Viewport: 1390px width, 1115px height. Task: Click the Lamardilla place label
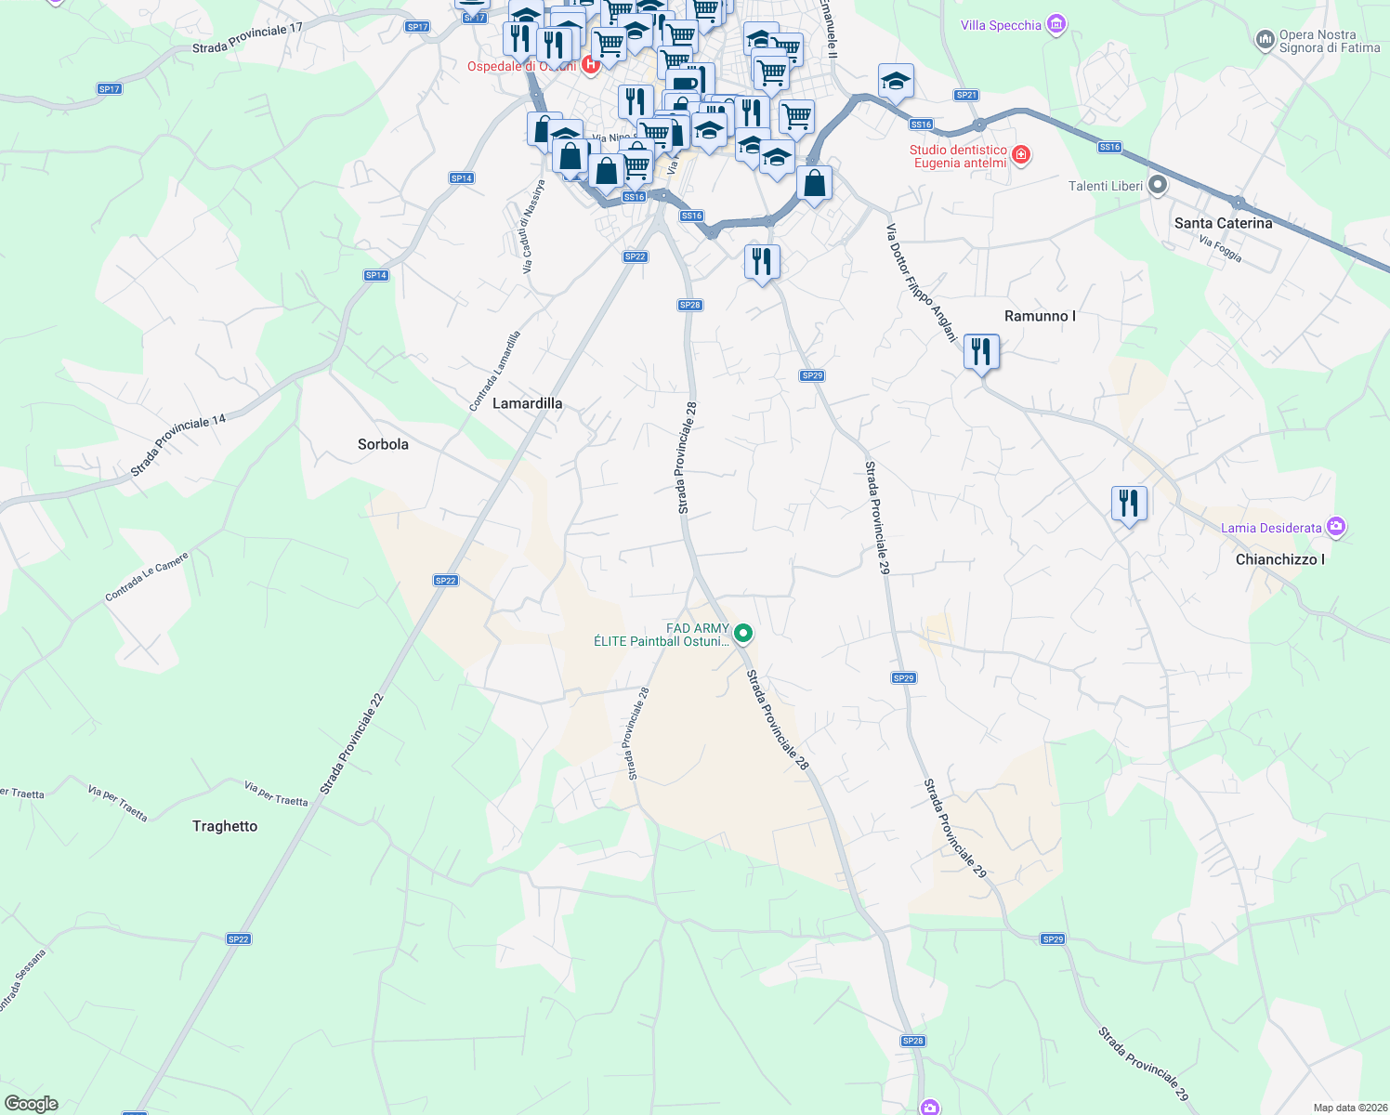click(x=527, y=403)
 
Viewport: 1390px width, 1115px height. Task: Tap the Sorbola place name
click(x=383, y=444)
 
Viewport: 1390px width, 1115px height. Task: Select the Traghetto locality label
click(x=225, y=826)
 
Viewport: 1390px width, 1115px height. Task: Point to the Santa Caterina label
click(x=1223, y=223)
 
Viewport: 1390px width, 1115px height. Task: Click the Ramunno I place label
click(x=1040, y=316)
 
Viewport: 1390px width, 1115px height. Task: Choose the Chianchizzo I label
click(x=1279, y=559)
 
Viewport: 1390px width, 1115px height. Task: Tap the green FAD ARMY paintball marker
click(x=743, y=634)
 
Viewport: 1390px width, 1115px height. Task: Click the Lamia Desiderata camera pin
click(x=1336, y=527)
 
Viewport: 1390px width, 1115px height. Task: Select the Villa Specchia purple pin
click(x=1056, y=24)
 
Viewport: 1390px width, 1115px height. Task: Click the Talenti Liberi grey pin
click(x=1157, y=185)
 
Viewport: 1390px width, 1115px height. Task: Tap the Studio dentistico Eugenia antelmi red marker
click(x=1021, y=154)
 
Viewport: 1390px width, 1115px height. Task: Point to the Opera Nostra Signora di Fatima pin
click(x=1265, y=40)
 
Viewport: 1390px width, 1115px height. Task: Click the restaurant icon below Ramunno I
click(x=981, y=352)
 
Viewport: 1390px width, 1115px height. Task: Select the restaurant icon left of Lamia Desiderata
click(x=1129, y=504)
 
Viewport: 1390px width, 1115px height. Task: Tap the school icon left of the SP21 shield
click(x=896, y=82)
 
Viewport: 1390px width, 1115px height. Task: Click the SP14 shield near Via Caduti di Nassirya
click(x=462, y=177)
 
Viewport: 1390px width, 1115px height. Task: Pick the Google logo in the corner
click(x=32, y=1104)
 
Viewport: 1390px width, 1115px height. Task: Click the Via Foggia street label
click(x=1220, y=249)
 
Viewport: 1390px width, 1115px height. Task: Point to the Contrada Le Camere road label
click(x=147, y=576)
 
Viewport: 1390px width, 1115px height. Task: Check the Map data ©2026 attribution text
click(x=1347, y=1108)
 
